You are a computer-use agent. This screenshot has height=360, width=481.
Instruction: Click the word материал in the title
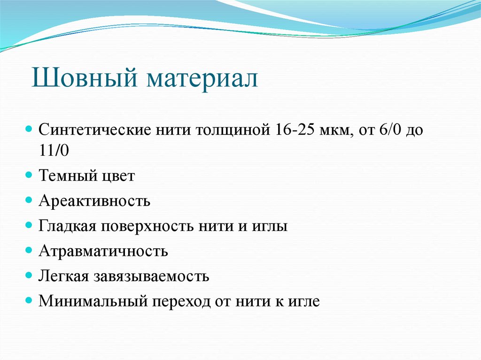coord(203,78)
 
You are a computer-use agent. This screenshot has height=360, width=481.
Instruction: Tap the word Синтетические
coord(93,130)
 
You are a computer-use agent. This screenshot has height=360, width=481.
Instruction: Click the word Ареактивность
coord(94,201)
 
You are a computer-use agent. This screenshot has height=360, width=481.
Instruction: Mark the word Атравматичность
coord(103,251)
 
